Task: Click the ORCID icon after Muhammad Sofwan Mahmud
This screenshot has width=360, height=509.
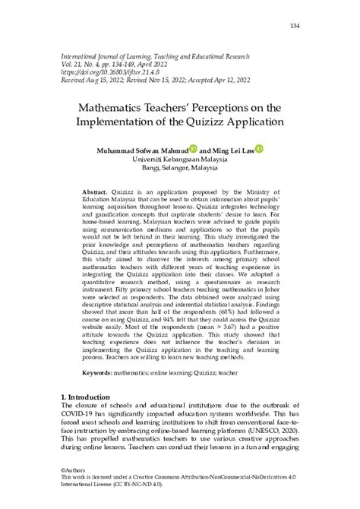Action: click(193, 150)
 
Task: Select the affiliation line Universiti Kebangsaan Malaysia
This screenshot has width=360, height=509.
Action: click(179, 161)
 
